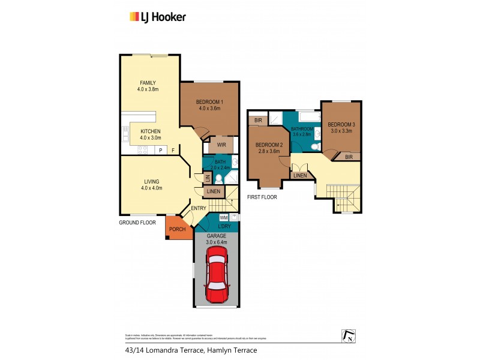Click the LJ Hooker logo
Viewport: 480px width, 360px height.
[158, 17]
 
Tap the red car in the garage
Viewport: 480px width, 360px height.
[216, 277]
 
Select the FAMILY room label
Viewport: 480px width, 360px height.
[148, 83]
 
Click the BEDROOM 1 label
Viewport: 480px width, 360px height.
[209, 101]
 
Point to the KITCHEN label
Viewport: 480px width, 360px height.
[150, 131]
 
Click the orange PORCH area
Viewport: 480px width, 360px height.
[176, 229]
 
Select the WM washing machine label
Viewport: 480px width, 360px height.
[223, 217]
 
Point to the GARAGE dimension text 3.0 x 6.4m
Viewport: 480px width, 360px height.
[217, 242]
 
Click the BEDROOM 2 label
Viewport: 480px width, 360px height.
[268, 145]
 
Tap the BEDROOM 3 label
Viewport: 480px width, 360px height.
[341, 124]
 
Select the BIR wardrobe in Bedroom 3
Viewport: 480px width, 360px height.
[349, 157]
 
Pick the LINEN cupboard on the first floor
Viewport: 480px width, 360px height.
[300, 176]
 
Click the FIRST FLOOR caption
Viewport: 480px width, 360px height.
[262, 197]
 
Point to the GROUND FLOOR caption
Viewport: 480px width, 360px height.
[137, 222]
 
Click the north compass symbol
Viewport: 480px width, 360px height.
[346, 337]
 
